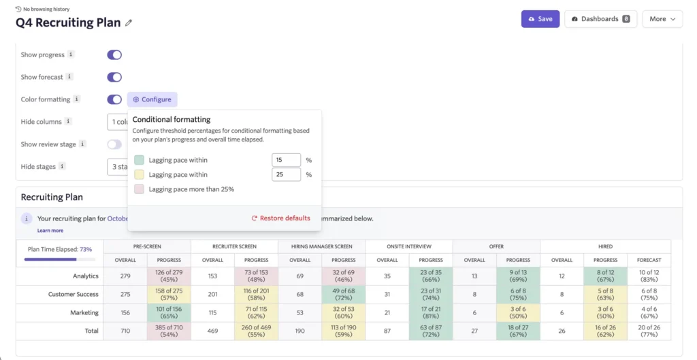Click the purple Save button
pyautogui.click(x=540, y=19)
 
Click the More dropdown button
pyautogui.click(x=662, y=19)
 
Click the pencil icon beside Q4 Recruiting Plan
pyautogui.click(x=129, y=23)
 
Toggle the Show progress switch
pyautogui.click(x=114, y=54)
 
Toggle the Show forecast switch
pyautogui.click(x=114, y=77)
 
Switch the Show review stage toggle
pyautogui.click(x=114, y=144)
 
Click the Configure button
pyautogui.click(x=152, y=99)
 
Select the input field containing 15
pyautogui.click(x=286, y=160)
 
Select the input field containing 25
pyautogui.click(x=286, y=175)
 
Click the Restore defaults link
pyautogui.click(x=280, y=218)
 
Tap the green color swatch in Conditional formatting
pyautogui.click(x=139, y=160)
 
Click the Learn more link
pyautogui.click(x=50, y=231)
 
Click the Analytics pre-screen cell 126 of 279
pyautogui.click(x=169, y=276)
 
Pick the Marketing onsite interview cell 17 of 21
pyautogui.click(x=430, y=313)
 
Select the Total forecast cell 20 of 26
pyautogui.click(x=649, y=331)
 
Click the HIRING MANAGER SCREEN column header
pyautogui.click(x=321, y=246)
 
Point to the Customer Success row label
pyautogui.click(x=74, y=295)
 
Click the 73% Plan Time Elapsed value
pyautogui.click(x=86, y=250)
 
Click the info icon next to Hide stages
pyautogui.click(x=63, y=167)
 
